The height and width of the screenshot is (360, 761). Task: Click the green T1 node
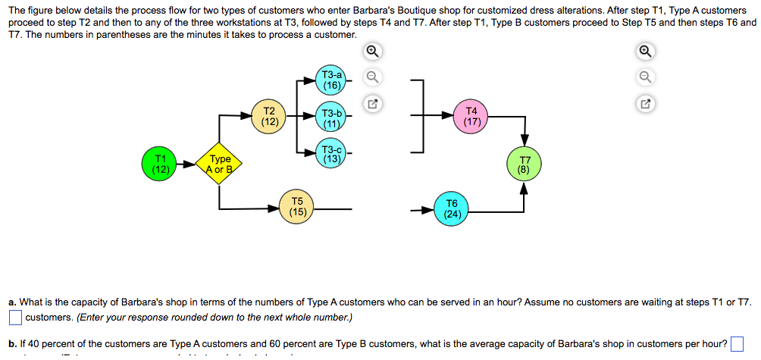pos(160,164)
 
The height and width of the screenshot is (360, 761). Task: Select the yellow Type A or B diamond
pos(220,164)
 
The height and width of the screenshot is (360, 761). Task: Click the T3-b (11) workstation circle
pos(332,118)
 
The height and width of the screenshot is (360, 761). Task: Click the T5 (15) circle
pos(298,207)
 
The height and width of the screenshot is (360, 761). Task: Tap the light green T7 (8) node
pos(524,165)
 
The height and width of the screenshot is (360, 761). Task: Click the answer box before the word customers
pos(15,317)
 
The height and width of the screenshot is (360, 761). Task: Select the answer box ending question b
pos(737,344)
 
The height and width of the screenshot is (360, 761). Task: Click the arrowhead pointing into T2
pos(248,116)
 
